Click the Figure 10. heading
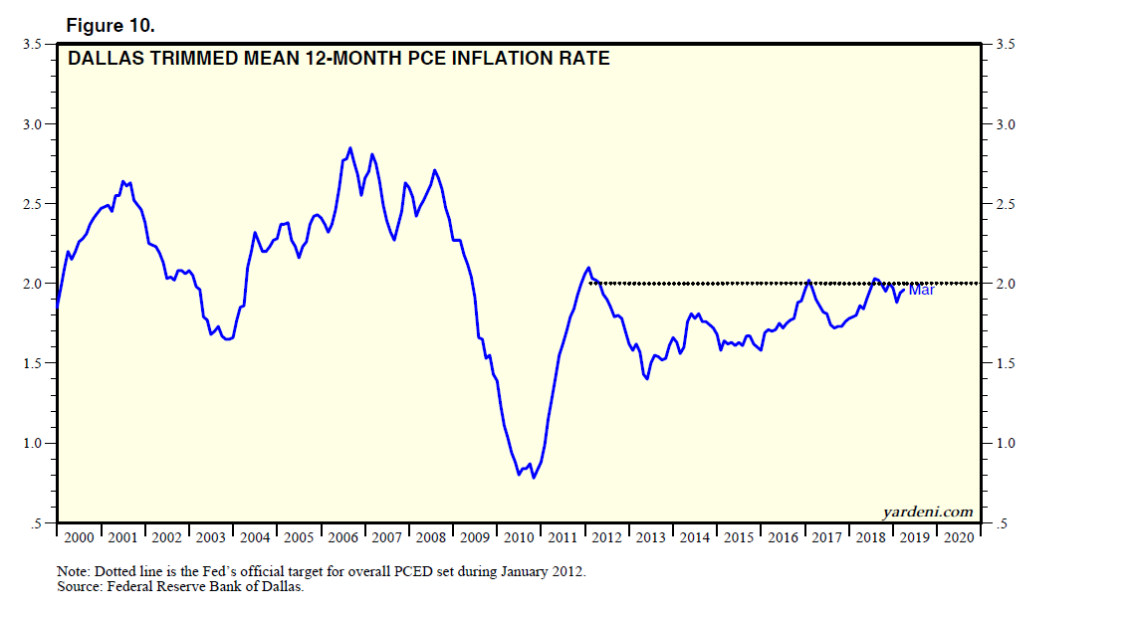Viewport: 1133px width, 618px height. pos(110,24)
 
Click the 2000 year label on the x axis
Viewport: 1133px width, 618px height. pos(78,537)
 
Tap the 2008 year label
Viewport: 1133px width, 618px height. pos(430,537)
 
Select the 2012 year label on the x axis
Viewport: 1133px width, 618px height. pos(606,537)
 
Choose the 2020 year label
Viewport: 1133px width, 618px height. pos(958,537)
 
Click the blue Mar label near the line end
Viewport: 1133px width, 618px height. pos(921,290)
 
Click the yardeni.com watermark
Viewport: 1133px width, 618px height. pos(928,512)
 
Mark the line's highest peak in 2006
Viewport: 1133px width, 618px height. pos(349,148)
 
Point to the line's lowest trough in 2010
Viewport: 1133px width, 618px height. pos(534,478)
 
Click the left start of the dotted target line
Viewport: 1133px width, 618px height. pos(591,283)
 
